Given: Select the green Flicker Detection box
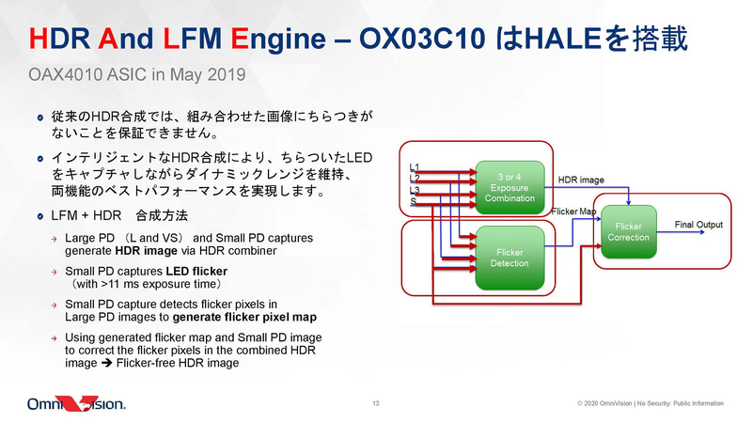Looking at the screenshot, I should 509,257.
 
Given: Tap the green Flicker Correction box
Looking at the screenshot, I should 627,231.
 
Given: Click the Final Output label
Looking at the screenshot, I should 698,225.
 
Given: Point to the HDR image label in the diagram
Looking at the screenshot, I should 581,178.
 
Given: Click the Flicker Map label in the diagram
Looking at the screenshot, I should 573,211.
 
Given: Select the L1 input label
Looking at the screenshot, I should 415,167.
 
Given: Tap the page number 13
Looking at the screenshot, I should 375,403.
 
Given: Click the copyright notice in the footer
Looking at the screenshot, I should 650,403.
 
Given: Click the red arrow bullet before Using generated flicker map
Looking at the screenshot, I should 55,337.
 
